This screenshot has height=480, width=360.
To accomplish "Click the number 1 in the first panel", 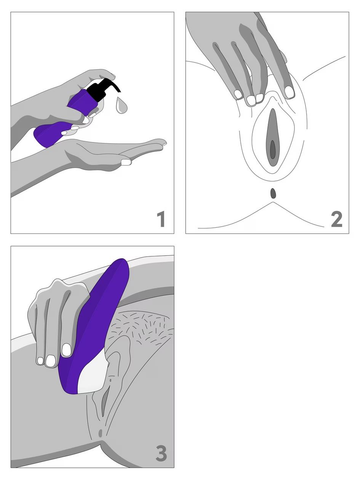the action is coord(161,220).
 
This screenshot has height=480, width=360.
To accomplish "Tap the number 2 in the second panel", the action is coord(336,220).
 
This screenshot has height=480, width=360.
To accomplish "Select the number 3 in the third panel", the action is coord(161,454).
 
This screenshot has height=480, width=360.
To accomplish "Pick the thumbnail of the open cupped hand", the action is coord(126,162).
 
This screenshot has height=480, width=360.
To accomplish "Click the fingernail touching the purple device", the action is coord(67,350).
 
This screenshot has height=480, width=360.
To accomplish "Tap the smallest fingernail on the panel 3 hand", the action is coord(40,360).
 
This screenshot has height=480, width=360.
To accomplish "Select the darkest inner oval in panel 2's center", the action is coord(273,149).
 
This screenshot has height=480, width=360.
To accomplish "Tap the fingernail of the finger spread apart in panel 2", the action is coord(290,92).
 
